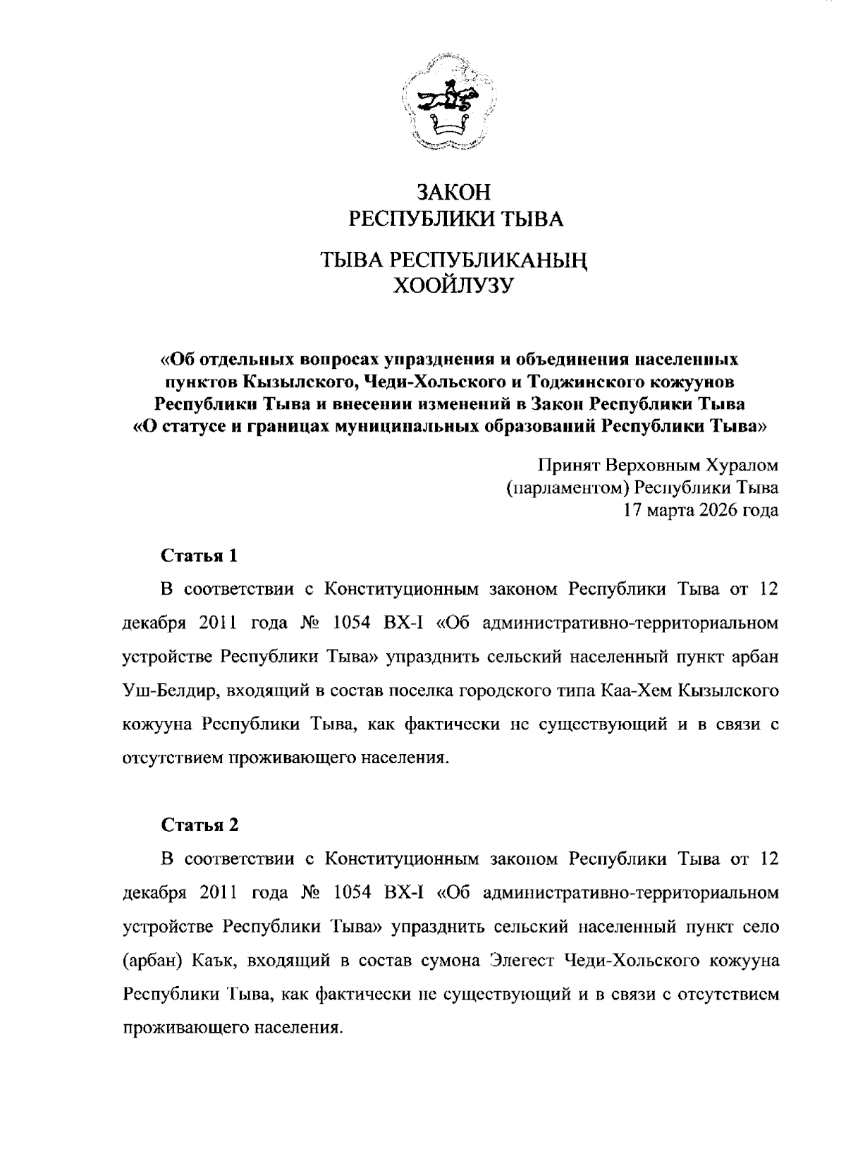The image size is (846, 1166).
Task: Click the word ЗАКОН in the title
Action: pyautogui.click(x=452, y=193)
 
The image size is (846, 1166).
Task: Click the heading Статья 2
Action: pyautogui.click(x=201, y=825)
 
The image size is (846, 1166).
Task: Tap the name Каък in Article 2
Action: pyautogui.click(x=204, y=960)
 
